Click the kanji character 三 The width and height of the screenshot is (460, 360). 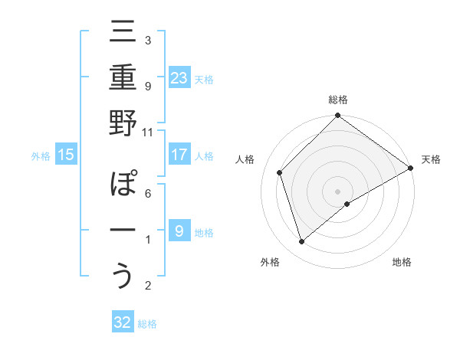coord(123,35)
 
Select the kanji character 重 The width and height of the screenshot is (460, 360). coord(123,80)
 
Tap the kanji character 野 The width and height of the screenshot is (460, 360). coord(123,125)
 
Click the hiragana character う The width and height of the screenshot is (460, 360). coord(123,277)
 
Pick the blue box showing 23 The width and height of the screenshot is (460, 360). coord(179,78)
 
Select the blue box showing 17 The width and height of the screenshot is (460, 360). coord(179,155)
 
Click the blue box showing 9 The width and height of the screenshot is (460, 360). coord(179,231)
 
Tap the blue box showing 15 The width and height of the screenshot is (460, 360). coord(65,155)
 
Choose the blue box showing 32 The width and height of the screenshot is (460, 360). coord(123,322)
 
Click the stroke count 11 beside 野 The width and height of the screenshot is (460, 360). coord(147,131)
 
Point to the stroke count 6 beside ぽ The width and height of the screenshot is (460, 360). coord(147,192)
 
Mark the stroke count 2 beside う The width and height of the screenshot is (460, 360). coord(147,286)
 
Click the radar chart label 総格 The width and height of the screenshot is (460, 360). coord(338,100)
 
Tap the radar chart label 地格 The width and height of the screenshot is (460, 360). coord(402,263)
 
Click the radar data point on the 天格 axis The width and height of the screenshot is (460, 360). coord(411,169)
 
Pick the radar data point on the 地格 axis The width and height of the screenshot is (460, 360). coord(348,204)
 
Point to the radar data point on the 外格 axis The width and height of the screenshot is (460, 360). coord(302,242)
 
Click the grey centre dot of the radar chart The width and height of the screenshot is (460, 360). coord(337,191)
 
